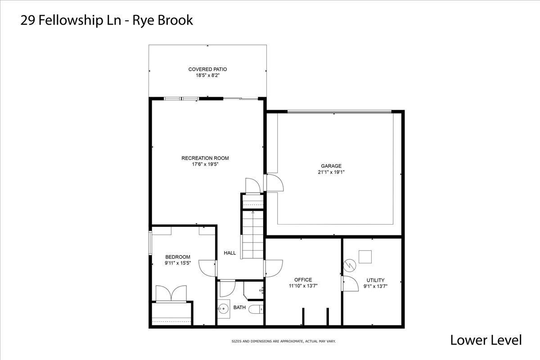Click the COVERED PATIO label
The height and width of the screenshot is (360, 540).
coord(207,69)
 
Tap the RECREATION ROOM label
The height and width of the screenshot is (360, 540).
coord(205,158)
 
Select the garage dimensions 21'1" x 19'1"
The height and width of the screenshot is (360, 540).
coord(331,172)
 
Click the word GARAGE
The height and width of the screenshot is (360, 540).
coord(331,166)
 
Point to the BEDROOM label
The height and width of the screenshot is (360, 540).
coord(178,257)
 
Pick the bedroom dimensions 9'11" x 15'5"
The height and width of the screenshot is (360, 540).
coord(178,263)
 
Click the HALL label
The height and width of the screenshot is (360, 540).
coord(230,253)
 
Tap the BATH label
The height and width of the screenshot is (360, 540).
coord(239,307)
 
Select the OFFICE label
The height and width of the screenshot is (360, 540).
coord(303,280)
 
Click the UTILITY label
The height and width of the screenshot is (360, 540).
coord(375,280)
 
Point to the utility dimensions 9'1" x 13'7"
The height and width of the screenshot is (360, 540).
coord(375,287)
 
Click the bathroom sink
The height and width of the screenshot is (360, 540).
coord(224,308)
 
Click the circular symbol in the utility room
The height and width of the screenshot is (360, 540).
coord(350,265)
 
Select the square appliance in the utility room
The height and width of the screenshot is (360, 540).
coord(365,256)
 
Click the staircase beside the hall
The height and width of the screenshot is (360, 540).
coord(252,234)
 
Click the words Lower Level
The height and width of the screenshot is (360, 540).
coord(486,340)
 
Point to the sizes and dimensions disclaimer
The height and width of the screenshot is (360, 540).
coord(283,341)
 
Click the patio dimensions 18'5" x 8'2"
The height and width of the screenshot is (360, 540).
coord(207,75)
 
